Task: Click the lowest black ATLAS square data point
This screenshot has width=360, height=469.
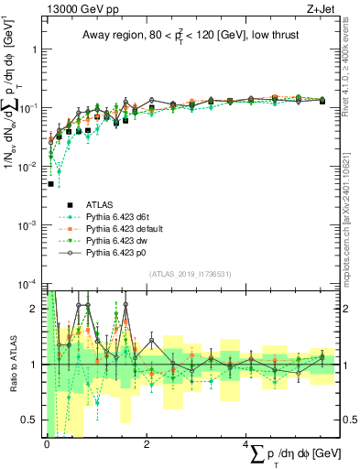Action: (x=51, y=183)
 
